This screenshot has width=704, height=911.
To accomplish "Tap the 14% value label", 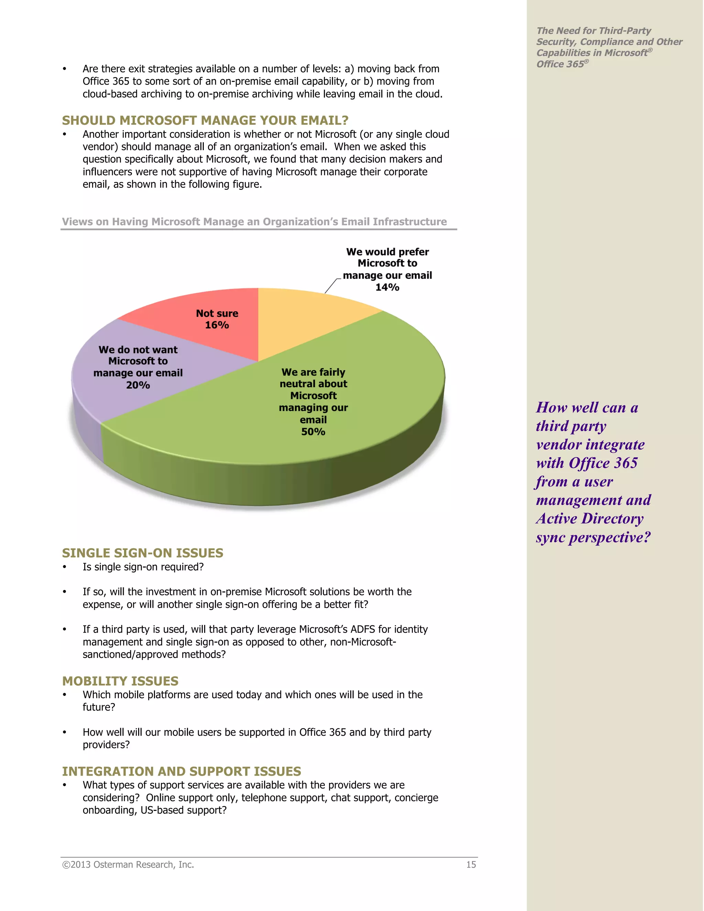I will (387, 287).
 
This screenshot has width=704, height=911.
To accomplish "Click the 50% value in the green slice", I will (313, 432).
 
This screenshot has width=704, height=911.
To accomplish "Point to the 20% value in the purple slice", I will (138, 385).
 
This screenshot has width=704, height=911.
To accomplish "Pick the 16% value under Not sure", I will (217, 325).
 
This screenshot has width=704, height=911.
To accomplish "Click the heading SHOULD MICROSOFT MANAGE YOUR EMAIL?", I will (205, 121).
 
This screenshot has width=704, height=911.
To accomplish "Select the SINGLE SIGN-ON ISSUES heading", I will (143, 553).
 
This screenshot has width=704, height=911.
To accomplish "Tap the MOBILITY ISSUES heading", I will (120, 681).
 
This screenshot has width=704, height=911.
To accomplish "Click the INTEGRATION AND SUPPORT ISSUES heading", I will (181, 771).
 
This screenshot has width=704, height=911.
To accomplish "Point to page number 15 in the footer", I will (471, 865).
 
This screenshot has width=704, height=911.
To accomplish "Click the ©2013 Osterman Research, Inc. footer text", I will (128, 865).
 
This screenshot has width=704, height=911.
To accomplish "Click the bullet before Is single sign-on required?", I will (65, 567).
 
